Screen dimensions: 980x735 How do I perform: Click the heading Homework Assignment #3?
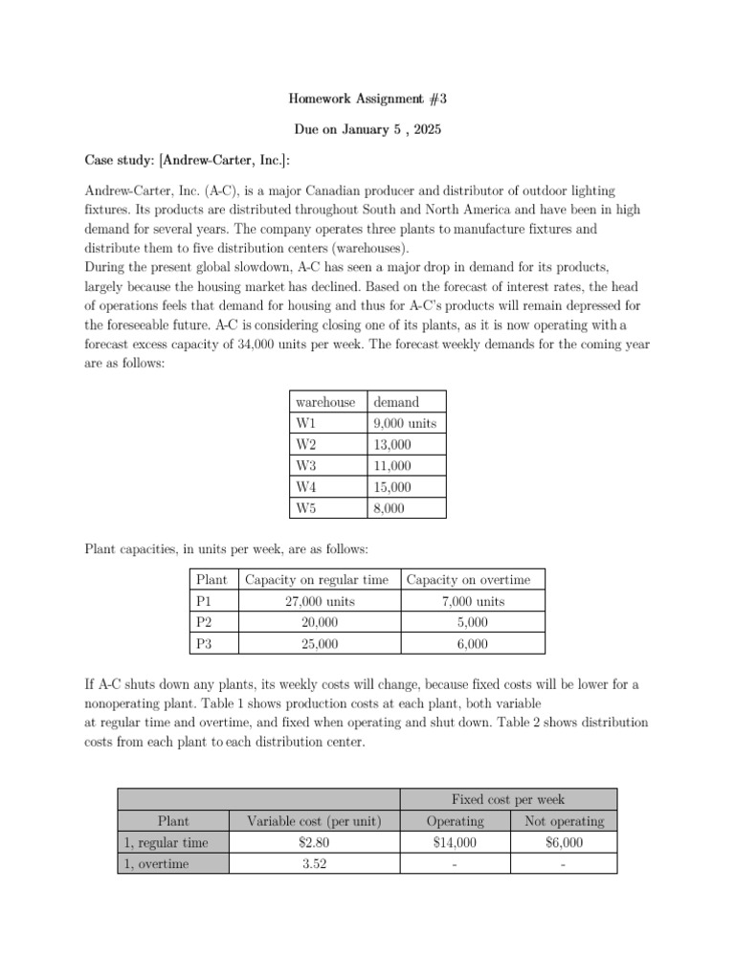(367, 98)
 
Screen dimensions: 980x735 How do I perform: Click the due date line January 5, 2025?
(367, 128)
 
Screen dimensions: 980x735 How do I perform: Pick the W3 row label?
(306, 466)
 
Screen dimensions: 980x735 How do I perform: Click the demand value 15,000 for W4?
(392, 487)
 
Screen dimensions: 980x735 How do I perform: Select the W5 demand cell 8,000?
(390, 509)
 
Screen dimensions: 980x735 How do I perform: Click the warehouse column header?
(325, 402)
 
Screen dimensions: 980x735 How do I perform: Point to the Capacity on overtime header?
(468, 579)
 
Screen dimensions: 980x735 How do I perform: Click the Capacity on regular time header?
(317, 579)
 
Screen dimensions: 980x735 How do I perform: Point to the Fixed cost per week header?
(507, 799)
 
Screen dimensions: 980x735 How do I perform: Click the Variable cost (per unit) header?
(314, 821)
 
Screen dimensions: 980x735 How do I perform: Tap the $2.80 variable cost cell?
(314, 842)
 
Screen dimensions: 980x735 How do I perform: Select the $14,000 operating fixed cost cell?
(454, 842)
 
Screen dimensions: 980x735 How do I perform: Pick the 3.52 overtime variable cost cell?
(314, 864)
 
